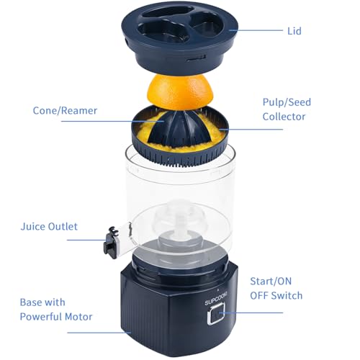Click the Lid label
294,31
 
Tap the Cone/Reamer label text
65,111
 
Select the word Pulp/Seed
287,102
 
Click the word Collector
284,117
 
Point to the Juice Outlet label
49,227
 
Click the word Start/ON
271,282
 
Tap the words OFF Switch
276,296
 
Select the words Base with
42,302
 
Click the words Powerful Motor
56,317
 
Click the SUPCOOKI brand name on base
216,299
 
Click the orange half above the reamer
180,92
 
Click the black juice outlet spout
111,243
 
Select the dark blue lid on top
180,38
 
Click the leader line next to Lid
256,30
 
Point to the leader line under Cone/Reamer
112,121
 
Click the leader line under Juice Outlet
88,240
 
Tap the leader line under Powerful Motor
99,333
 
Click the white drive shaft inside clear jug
181,225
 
